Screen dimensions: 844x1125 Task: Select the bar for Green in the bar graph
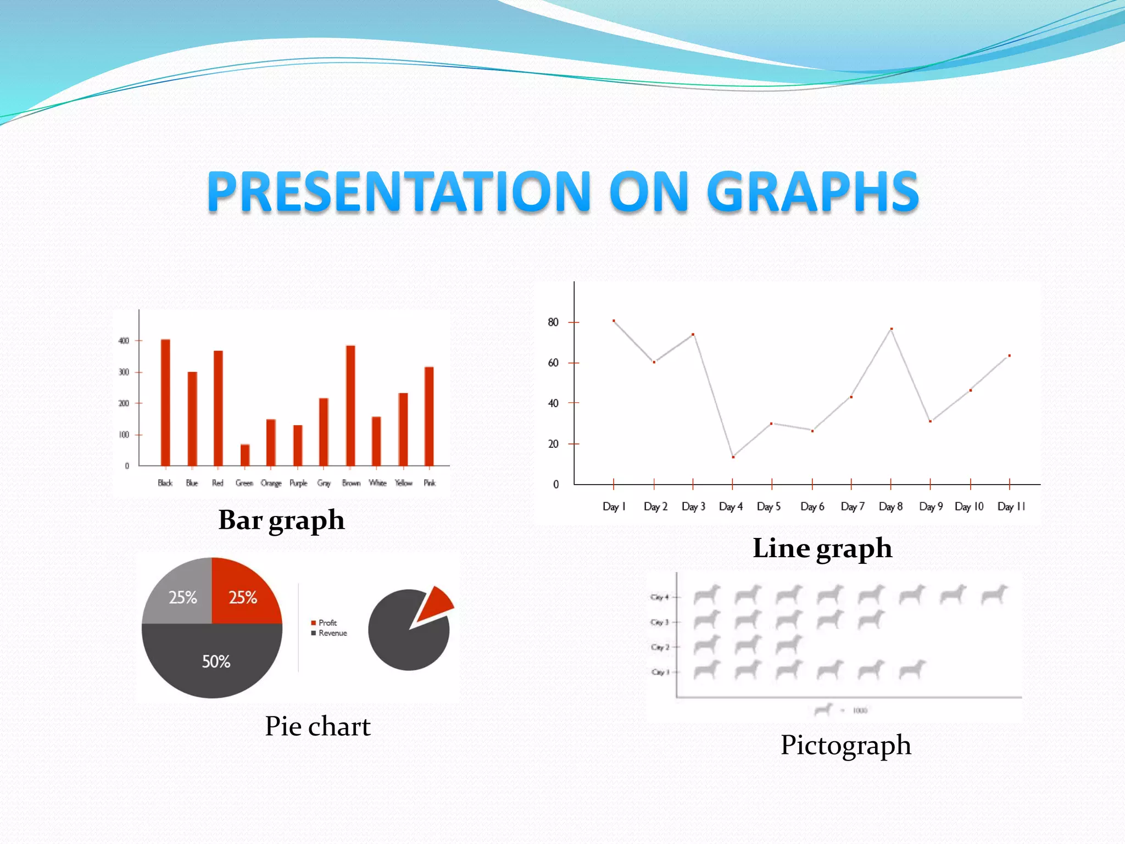(x=245, y=455)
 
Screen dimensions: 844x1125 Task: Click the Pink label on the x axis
(x=430, y=483)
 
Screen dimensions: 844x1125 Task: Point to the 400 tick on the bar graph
(x=124, y=341)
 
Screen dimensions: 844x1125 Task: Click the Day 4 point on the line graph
(x=733, y=457)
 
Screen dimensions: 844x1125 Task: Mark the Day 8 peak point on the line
(x=891, y=329)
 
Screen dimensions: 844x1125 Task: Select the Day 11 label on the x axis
(x=1011, y=507)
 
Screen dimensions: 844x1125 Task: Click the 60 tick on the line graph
(x=553, y=363)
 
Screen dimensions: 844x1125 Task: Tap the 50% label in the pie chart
(x=216, y=662)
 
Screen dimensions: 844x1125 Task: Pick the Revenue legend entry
(x=329, y=633)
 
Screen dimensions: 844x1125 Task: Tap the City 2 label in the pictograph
(x=660, y=647)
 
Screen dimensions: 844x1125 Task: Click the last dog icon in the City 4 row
(x=994, y=595)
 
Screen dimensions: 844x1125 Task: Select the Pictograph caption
(x=845, y=745)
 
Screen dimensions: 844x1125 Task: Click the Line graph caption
(x=822, y=548)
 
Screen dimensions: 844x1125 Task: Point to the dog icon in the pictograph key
(x=823, y=710)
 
